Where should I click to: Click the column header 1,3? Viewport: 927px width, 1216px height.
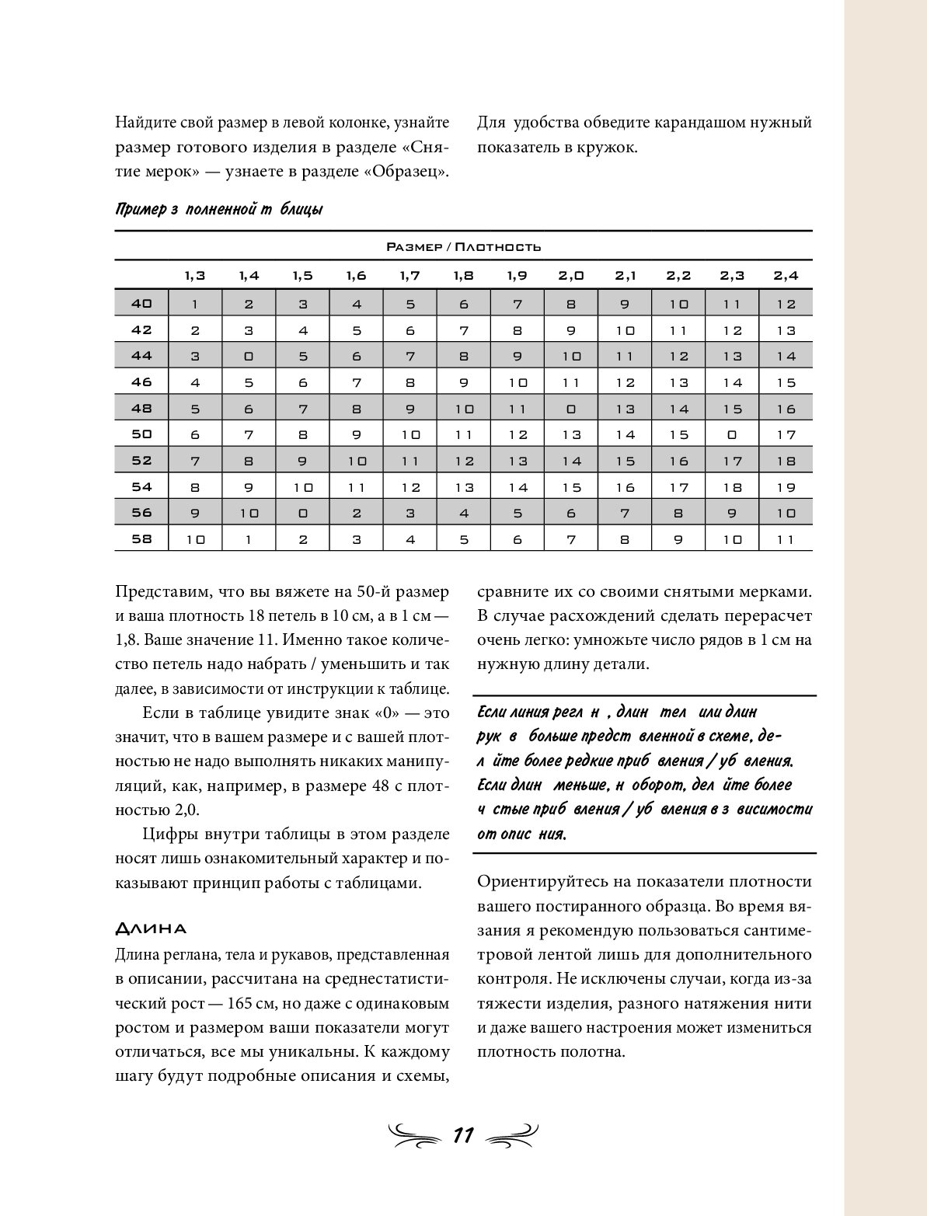pyautogui.click(x=195, y=275)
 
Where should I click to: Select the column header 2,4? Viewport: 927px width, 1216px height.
pyautogui.click(x=786, y=275)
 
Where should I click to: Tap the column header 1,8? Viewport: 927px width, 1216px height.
pyautogui.click(x=464, y=275)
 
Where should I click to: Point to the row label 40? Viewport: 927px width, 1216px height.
pyautogui.click(x=141, y=303)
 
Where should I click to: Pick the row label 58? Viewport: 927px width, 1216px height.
pyautogui.click(x=141, y=538)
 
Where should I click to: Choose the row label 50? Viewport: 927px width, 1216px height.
pyautogui.click(x=141, y=434)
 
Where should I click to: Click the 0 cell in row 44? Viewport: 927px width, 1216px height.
pyautogui.click(x=249, y=357)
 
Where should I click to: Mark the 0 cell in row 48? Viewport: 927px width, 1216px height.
pyautogui.click(x=571, y=409)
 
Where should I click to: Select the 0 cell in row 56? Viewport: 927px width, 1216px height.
pyautogui.click(x=303, y=513)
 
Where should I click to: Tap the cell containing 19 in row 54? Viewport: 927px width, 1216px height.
pyautogui.click(x=786, y=487)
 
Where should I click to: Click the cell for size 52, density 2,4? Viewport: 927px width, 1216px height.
pyautogui.click(x=786, y=461)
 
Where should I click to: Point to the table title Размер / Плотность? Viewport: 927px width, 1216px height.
pyautogui.click(x=463, y=247)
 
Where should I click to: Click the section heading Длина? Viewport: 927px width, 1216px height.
pyautogui.click(x=151, y=929)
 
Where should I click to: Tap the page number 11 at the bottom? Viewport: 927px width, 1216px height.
pyautogui.click(x=463, y=1135)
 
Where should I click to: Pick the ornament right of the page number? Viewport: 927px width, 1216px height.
pyautogui.click(x=512, y=1135)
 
